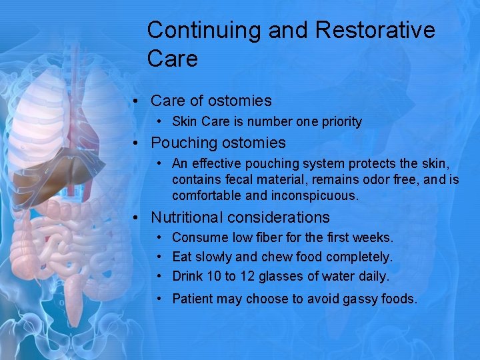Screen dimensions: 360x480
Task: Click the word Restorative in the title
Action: click(375, 30)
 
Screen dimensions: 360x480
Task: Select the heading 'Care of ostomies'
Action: click(211, 101)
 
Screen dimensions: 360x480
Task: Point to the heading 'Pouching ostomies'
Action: click(218, 143)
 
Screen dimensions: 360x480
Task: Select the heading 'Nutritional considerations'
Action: click(240, 217)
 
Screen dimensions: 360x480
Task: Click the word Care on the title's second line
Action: click(172, 59)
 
